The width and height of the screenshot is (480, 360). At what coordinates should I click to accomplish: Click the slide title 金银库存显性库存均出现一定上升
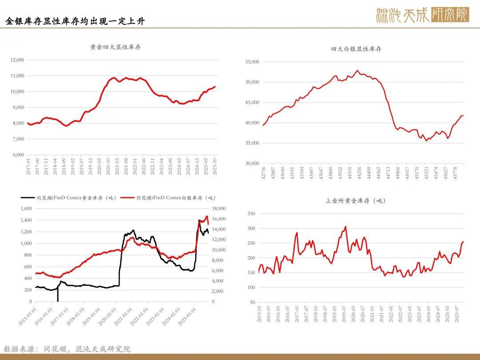(x=75, y=21)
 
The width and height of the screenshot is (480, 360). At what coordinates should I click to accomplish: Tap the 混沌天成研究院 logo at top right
(x=422, y=15)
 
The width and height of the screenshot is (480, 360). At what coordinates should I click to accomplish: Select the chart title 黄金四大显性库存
(x=116, y=47)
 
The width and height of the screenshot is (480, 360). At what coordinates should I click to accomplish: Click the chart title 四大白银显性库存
(x=356, y=49)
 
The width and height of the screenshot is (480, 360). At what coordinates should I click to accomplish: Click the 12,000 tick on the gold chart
(x=16, y=60)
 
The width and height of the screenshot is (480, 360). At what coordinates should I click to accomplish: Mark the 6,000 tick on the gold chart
(x=18, y=155)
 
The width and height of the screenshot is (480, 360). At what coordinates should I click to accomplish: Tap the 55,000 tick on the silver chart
(x=252, y=62)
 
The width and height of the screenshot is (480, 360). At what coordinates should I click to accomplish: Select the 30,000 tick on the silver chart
(x=252, y=164)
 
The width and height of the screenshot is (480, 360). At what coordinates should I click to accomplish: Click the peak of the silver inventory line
(x=357, y=70)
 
